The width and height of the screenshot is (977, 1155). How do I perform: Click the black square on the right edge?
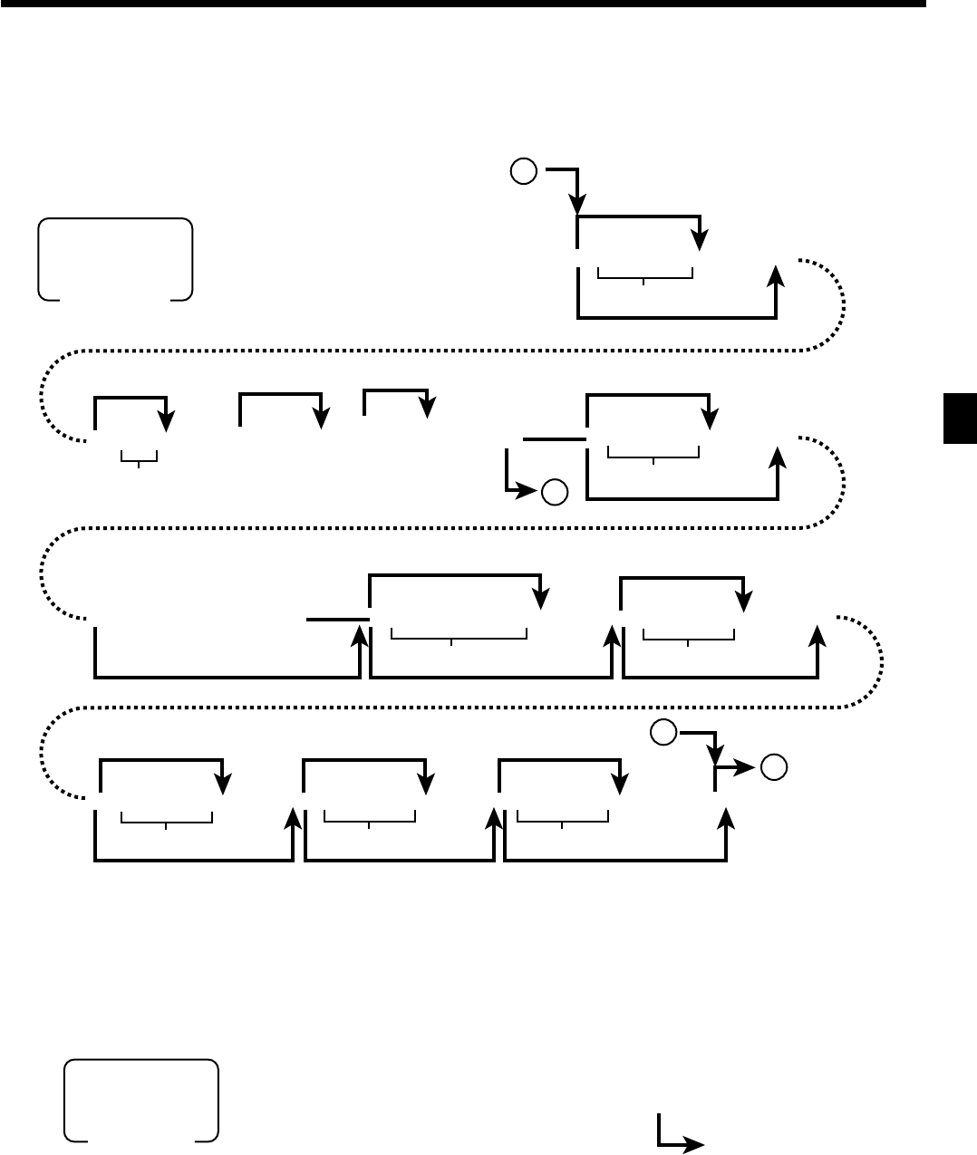click(x=960, y=419)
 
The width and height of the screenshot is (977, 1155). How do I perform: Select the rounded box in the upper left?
click(x=115, y=259)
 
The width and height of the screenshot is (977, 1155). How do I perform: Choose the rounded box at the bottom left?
click(x=140, y=1101)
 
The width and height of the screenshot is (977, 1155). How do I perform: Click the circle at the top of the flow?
click(x=523, y=170)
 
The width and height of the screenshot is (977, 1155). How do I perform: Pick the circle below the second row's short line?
click(x=555, y=492)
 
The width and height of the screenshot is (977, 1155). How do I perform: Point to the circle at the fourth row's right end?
click(x=773, y=767)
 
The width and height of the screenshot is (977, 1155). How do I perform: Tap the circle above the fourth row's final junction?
click(x=663, y=732)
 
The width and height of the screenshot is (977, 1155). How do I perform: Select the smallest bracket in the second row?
click(x=139, y=457)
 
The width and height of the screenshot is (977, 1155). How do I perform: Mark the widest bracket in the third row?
click(x=459, y=634)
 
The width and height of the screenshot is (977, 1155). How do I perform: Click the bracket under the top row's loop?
click(x=645, y=274)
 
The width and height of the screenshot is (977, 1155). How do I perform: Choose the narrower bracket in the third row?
click(x=689, y=634)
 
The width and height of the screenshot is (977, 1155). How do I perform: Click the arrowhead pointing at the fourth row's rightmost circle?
click(x=749, y=768)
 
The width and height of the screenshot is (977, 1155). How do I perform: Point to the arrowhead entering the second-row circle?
click(x=532, y=492)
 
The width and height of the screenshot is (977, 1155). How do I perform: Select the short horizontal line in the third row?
click(x=338, y=620)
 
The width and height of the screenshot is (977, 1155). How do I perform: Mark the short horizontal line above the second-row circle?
click(x=555, y=439)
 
